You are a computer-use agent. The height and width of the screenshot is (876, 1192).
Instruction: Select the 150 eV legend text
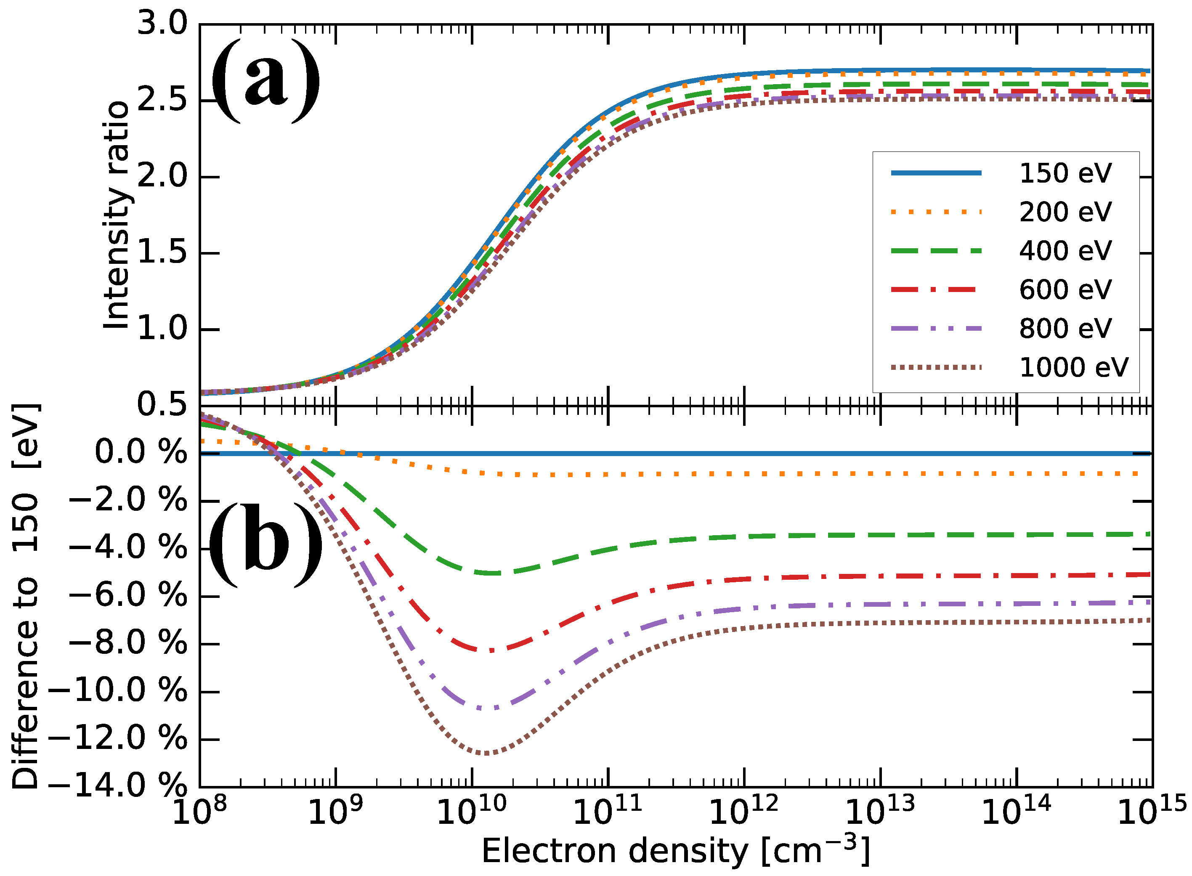(x=1065, y=173)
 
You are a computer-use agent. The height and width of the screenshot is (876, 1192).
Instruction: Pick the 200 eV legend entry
(x=1065, y=212)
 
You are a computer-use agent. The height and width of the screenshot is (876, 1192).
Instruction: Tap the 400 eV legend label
(x=1065, y=251)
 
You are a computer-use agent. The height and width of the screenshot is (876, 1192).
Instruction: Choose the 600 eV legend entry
(x=1065, y=289)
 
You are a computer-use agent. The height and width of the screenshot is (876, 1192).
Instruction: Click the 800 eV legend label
(x=1065, y=328)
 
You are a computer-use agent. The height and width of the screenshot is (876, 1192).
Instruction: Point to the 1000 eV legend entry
(x=1073, y=367)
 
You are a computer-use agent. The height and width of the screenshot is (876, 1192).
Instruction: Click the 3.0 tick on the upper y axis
(x=162, y=24)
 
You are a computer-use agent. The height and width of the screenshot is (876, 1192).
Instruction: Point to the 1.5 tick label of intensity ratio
(x=162, y=252)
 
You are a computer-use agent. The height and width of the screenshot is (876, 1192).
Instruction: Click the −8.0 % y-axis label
(x=127, y=644)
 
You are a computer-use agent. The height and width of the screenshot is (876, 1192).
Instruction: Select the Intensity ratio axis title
(x=116, y=215)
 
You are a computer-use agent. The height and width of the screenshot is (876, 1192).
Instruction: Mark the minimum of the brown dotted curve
(x=487, y=754)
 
